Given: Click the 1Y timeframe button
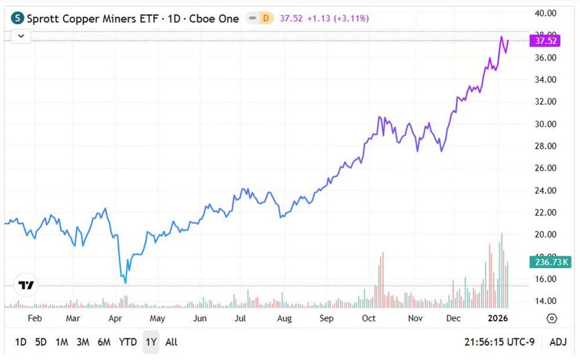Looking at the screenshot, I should tap(150, 342).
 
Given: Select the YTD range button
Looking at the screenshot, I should tap(127, 342).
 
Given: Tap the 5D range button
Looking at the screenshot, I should tap(40, 342).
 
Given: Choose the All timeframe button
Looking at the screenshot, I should tap(172, 342).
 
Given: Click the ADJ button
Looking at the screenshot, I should tap(558, 342).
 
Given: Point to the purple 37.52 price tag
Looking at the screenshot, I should tap(544, 41).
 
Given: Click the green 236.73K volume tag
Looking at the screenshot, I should tap(549, 262).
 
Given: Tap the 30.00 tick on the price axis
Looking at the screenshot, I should tap(546, 124).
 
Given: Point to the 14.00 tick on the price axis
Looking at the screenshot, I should tap(546, 301).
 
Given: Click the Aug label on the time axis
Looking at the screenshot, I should tap(284, 318).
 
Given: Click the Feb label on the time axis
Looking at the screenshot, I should tap(35, 318).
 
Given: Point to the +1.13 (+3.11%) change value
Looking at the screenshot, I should tap(338, 18).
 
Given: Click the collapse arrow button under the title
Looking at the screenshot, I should tap(21, 36).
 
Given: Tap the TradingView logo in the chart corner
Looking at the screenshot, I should tap(26, 285).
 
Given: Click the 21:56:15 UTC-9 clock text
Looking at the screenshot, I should tap(498, 342).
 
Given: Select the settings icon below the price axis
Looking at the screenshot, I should tap(551, 318).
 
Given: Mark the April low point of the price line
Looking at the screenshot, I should tap(125, 282).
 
